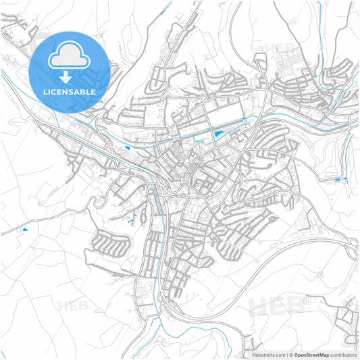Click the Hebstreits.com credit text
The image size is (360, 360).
click(269, 355)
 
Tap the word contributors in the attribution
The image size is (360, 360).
click(343, 355)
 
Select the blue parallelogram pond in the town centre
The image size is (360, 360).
click(216, 134)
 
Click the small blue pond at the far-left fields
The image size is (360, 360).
click(25, 230)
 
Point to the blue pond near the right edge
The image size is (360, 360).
click(338, 179)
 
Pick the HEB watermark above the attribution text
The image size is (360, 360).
click(278, 305)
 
